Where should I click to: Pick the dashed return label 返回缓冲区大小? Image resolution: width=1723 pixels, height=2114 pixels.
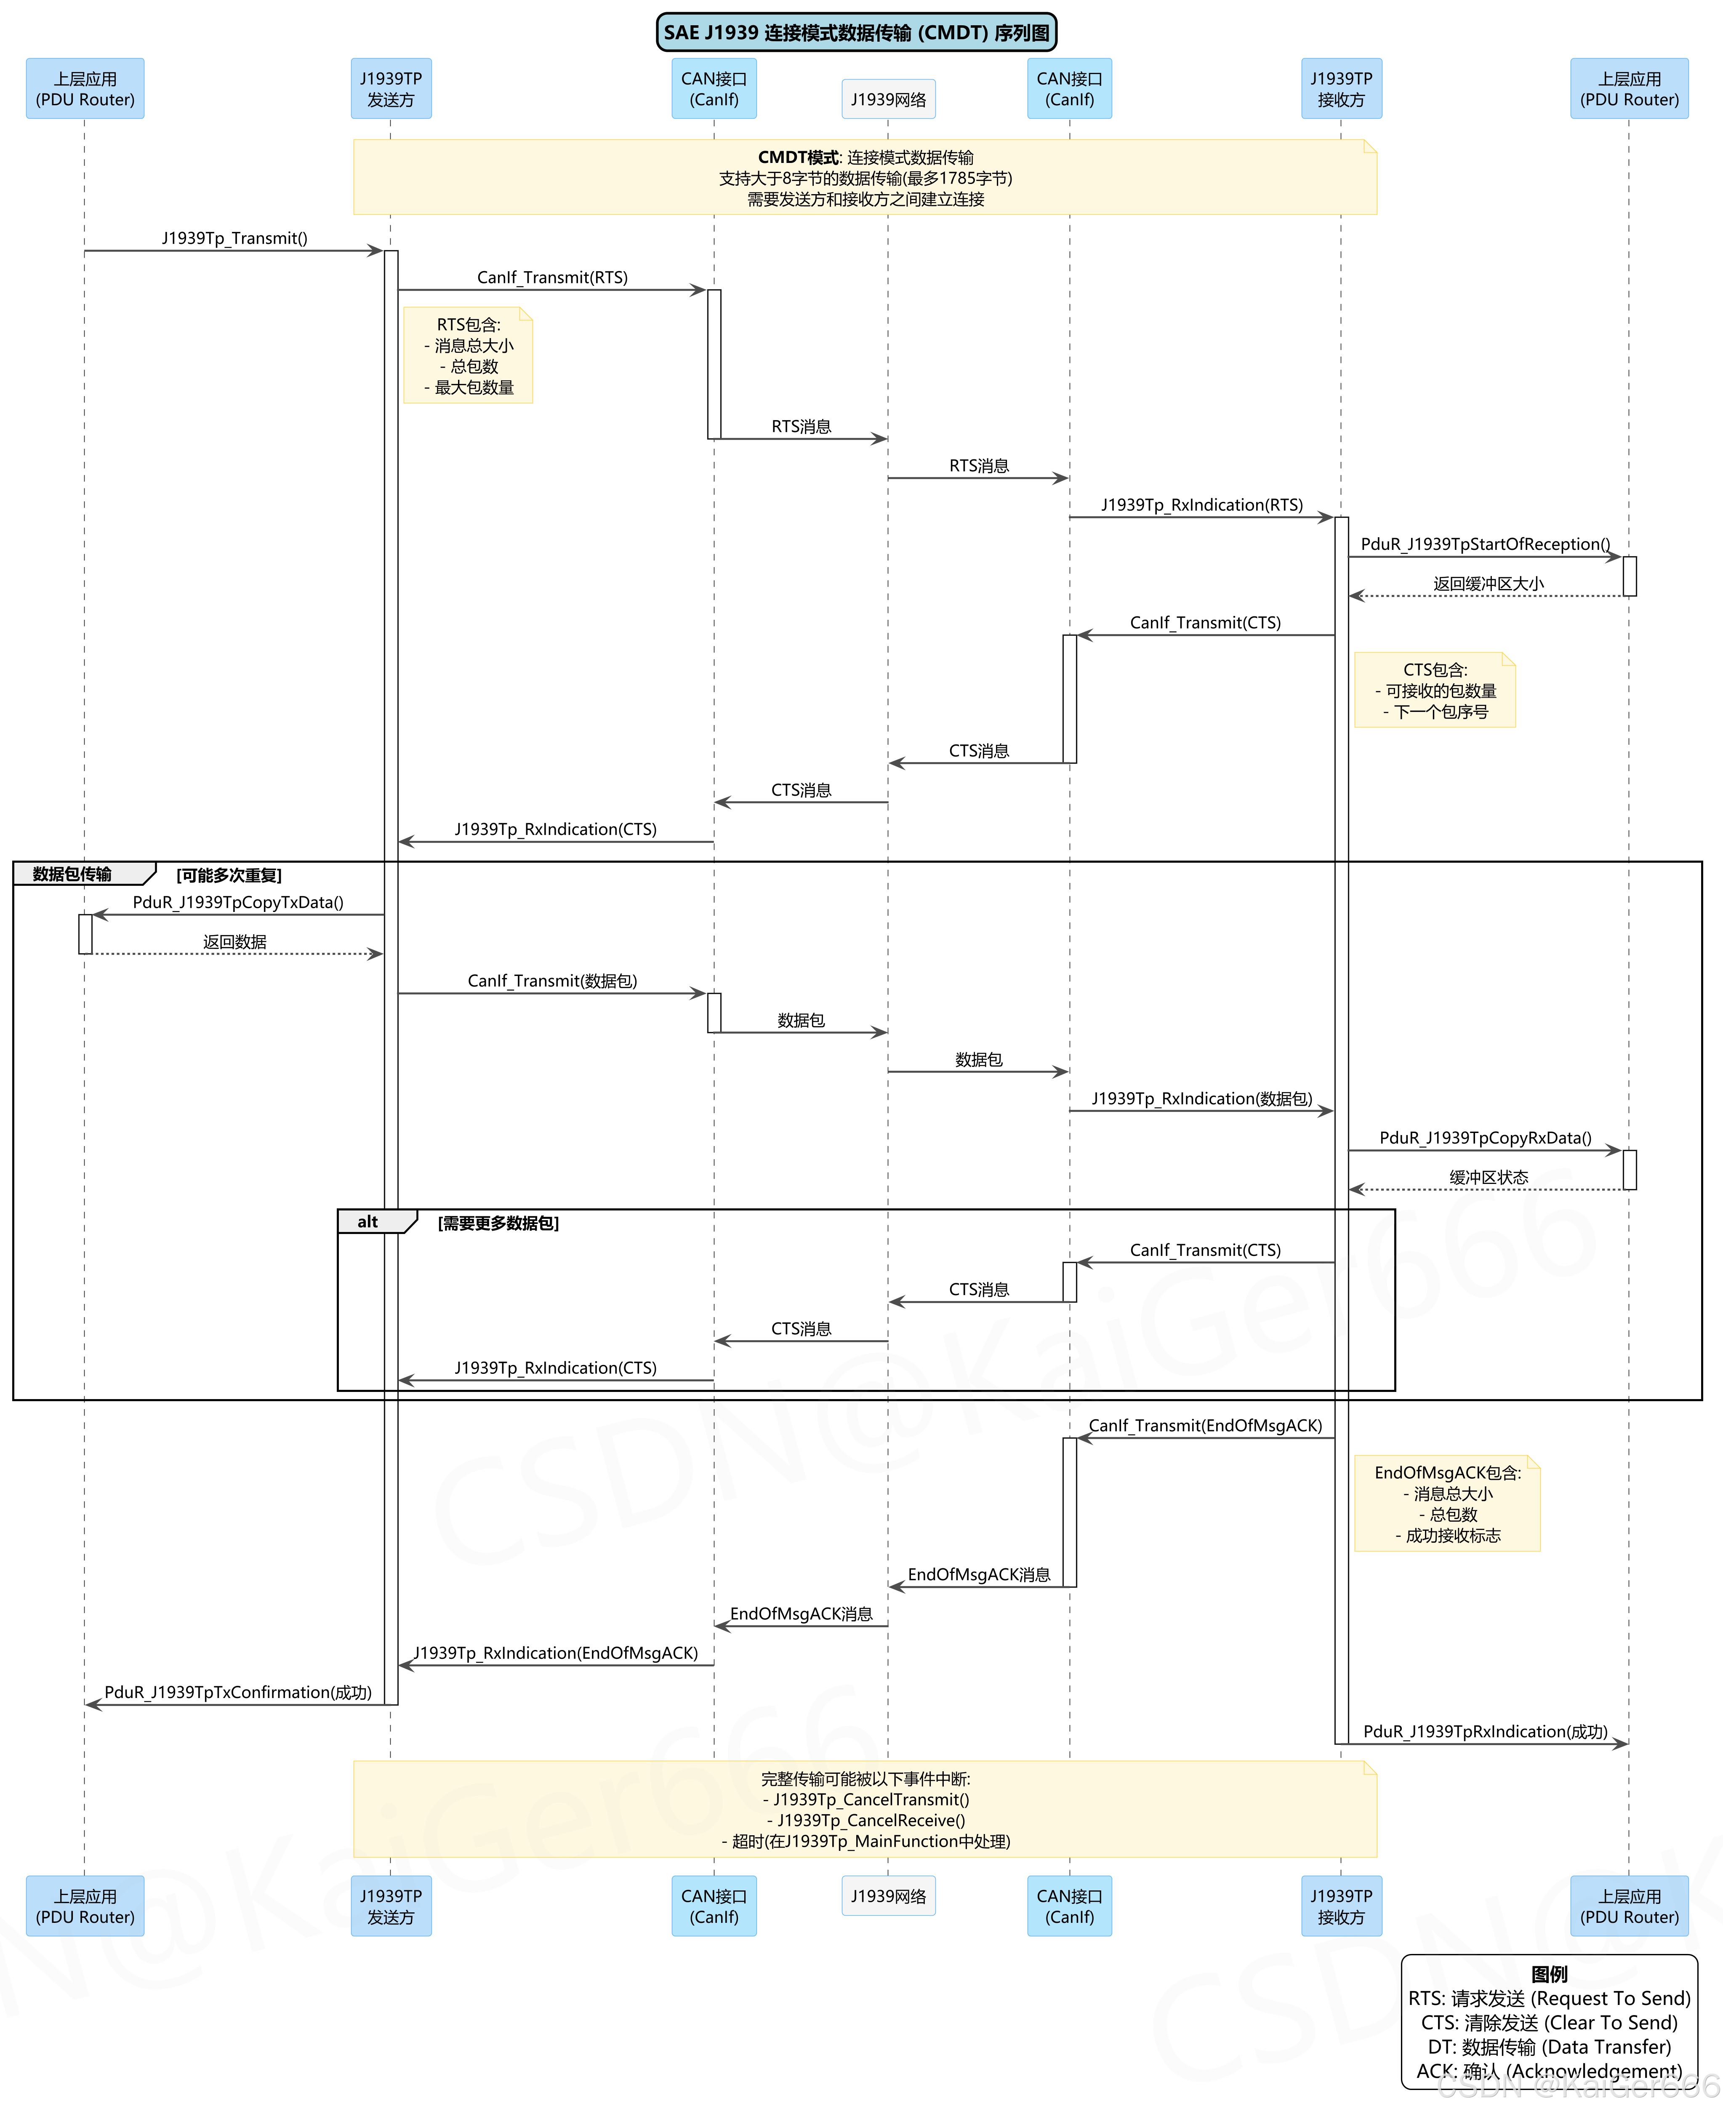(x=1488, y=584)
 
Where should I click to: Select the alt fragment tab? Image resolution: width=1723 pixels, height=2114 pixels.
(x=368, y=1222)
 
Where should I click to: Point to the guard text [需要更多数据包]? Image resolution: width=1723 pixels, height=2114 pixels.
(x=498, y=1223)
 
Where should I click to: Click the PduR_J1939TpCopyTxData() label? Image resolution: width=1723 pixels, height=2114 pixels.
(x=238, y=902)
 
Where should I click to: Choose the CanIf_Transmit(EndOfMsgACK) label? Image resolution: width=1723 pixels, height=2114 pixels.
(x=1205, y=1425)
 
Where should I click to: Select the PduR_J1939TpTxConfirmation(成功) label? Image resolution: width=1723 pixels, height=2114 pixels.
(x=238, y=1692)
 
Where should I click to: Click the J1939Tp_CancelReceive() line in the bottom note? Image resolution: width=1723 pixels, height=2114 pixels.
(x=865, y=1820)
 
